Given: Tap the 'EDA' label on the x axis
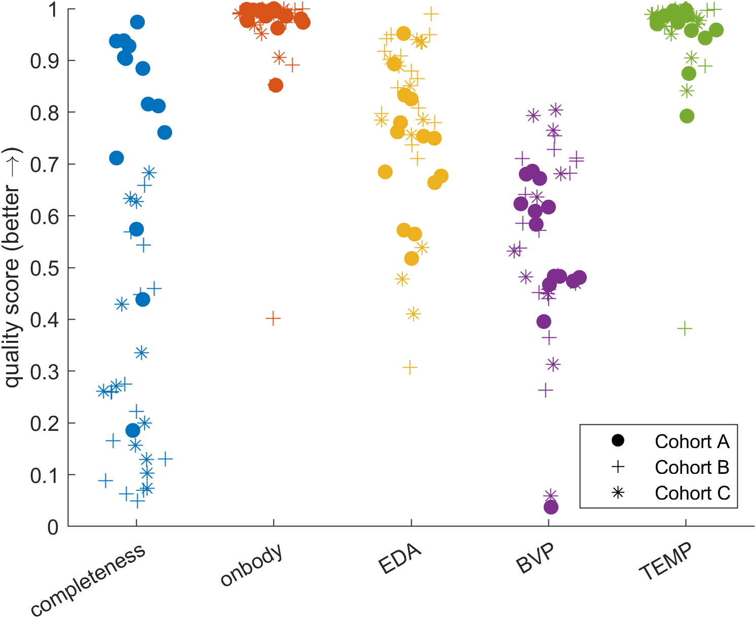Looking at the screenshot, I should (x=400, y=559).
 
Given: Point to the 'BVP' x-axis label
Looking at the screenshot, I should (x=536, y=558).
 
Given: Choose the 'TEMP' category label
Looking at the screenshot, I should (x=665, y=562).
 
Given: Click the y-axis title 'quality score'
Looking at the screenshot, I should (x=12, y=268).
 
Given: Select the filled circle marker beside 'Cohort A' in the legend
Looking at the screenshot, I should (x=618, y=441).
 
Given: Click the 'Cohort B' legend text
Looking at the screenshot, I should (x=692, y=467).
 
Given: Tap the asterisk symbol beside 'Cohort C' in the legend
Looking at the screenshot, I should (x=618, y=493).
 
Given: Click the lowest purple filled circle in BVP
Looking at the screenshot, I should (x=551, y=507).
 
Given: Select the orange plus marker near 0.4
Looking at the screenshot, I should (x=273, y=319).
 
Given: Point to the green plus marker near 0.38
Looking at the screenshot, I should (x=685, y=329).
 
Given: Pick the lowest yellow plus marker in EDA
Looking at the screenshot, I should (x=410, y=368).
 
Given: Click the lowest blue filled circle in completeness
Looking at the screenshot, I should (x=133, y=430).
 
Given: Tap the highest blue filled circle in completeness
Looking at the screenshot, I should (x=137, y=22).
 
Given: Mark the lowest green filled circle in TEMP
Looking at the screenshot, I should (x=687, y=116).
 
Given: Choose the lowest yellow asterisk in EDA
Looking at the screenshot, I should (x=413, y=314).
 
